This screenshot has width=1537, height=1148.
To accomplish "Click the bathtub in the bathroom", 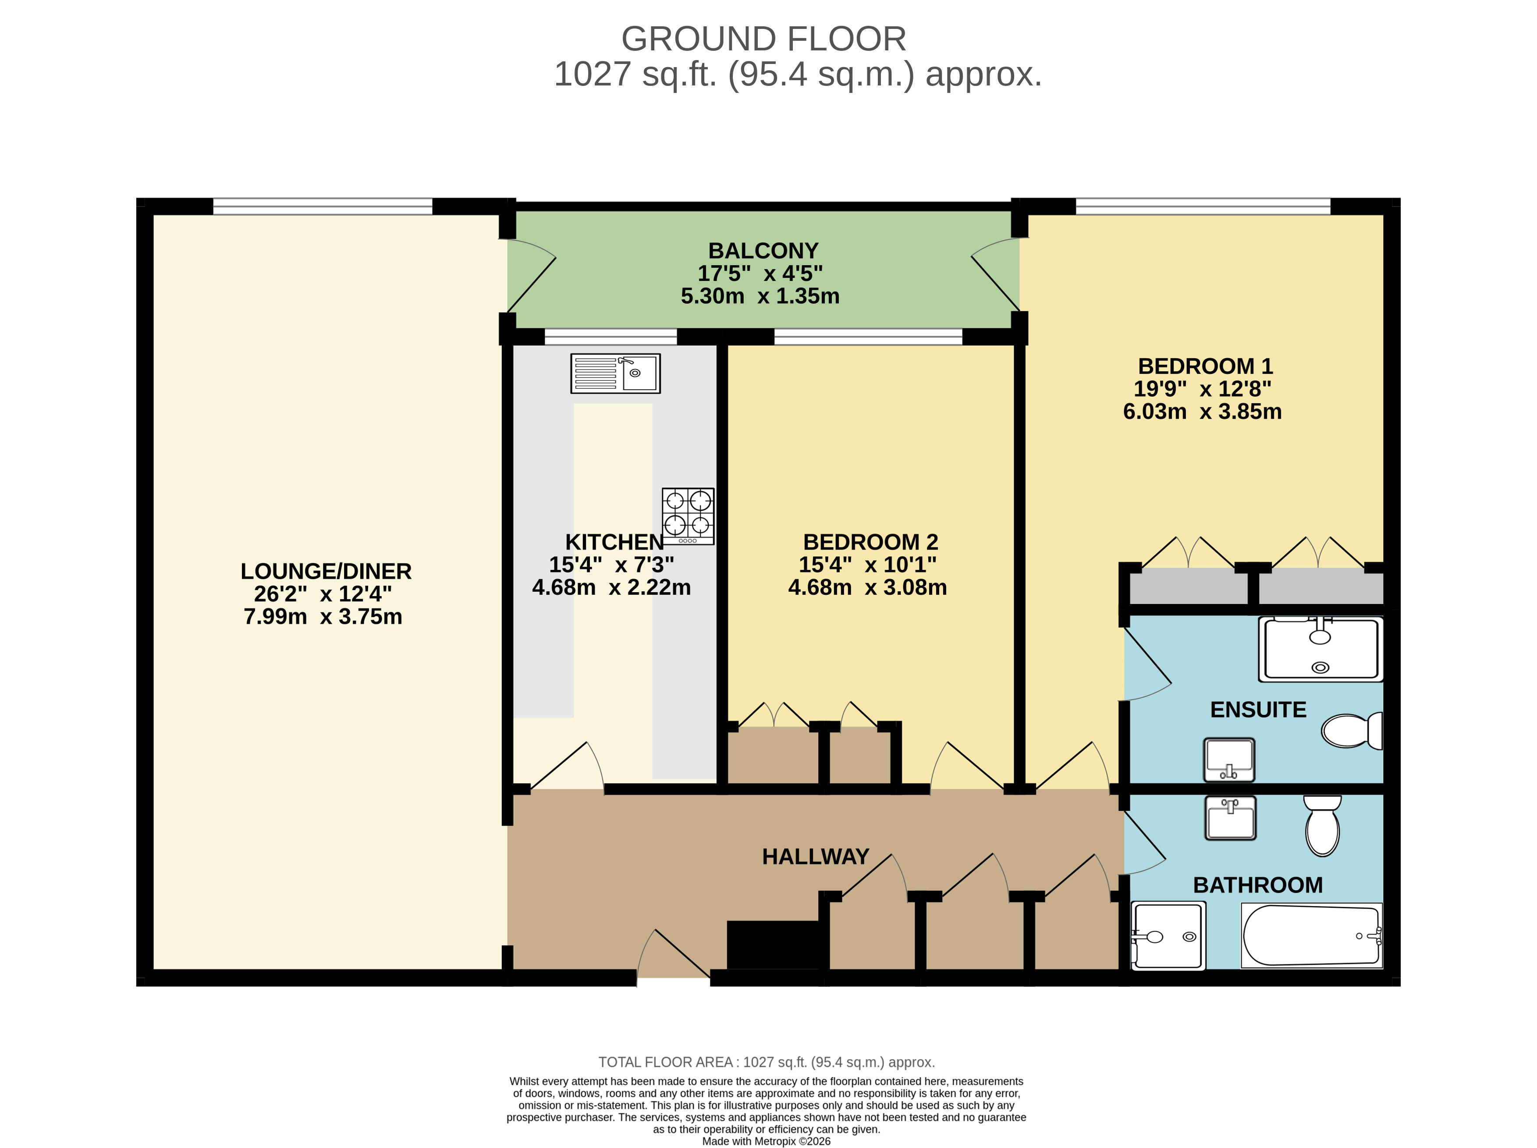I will tap(1311, 935).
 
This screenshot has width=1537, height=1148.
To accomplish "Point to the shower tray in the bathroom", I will tap(1168, 935).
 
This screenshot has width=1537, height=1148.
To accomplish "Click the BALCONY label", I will tap(763, 251).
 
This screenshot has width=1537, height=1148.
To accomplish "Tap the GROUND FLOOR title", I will tap(763, 39).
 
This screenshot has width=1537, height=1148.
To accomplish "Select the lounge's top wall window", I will tap(323, 206).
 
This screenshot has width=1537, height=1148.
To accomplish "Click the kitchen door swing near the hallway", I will tap(566, 767).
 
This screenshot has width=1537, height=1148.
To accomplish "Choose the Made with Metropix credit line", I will tap(766, 1141).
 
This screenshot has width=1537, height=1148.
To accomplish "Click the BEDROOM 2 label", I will tap(870, 542).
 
